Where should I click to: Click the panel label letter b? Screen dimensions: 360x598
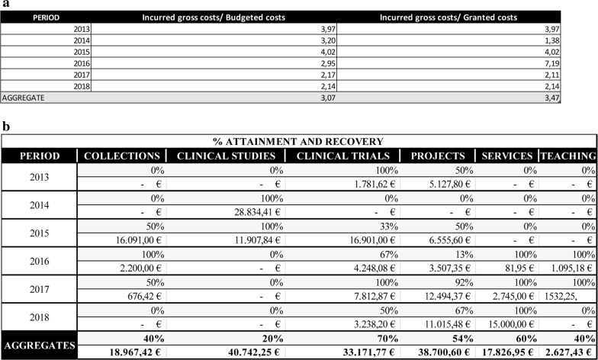5,126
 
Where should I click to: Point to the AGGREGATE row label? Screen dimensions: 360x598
22,98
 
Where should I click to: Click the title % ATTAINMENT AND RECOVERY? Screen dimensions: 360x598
299,142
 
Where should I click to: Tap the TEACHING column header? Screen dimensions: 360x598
567,156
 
